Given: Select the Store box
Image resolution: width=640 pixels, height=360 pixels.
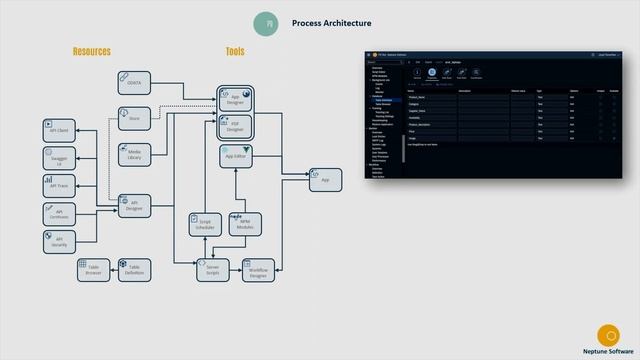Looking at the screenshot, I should pos(134,118).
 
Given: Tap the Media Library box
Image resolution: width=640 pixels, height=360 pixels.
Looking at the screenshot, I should pos(134,155).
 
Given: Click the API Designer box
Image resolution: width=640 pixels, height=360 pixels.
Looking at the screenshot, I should pos(134,205).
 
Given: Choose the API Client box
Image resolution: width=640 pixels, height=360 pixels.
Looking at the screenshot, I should pos(59,130).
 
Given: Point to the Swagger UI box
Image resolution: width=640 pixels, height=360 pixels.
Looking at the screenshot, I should pos(59,158).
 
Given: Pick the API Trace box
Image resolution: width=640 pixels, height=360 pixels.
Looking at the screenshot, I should pos(59,185).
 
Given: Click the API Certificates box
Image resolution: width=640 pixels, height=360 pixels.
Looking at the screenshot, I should pos(59,213).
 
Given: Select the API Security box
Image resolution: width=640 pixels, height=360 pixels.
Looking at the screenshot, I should pos(59,241).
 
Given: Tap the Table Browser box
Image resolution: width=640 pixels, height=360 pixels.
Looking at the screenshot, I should pos(93,269).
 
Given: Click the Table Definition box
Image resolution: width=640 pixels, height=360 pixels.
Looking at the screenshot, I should pos(134,269).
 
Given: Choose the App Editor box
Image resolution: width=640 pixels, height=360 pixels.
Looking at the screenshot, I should pos(236,155).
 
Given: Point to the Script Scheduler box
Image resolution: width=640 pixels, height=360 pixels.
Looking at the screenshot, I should pos(204,224).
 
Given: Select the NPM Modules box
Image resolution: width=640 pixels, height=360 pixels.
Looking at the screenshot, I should pos(245,224).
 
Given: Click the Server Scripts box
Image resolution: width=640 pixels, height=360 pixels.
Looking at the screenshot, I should pos(212,269).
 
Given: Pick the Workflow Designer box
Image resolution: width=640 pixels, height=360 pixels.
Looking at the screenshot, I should pos(258,269).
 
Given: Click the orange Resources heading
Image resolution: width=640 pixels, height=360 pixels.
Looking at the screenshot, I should pos(92,52).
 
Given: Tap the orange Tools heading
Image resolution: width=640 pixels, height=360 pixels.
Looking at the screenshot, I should pos(235,52).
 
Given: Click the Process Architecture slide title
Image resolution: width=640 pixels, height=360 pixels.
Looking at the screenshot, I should pos(331,23).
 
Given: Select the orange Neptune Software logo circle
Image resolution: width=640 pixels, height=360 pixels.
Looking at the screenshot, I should pos(607,334).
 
